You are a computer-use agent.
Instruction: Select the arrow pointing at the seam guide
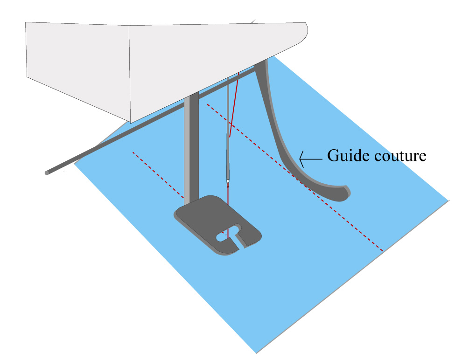(x=311, y=159)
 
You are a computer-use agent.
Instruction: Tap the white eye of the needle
(x=228, y=181)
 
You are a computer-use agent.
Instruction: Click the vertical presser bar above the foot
(x=191, y=147)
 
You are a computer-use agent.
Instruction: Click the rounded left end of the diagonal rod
(x=47, y=173)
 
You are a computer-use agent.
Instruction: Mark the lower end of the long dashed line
(x=383, y=251)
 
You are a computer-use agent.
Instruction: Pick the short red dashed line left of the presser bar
(x=158, y=175)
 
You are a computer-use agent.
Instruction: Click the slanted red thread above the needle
(x=234, y=105)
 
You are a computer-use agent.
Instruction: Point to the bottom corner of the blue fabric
(x=256, y=353)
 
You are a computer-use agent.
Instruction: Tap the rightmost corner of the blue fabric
(x=448, y=201)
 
